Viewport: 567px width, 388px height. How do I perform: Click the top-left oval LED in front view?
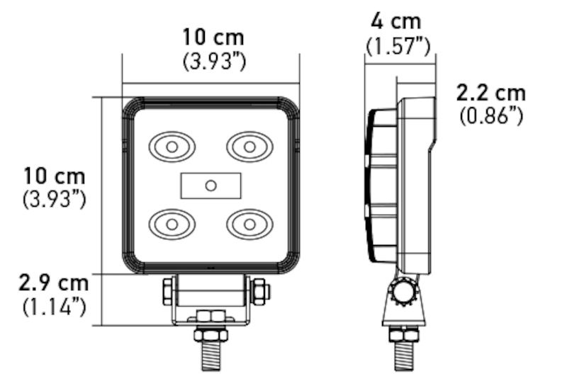(x=172, y=147)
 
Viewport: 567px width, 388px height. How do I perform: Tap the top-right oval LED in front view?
(x=249, y=147)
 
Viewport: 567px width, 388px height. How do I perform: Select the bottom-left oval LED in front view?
(x=172, y=224)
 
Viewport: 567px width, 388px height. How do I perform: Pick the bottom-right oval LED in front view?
(x=249, y=224)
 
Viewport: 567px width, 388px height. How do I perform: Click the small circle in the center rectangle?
(x=210, y=186)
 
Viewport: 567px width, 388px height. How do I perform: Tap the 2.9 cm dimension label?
(x=54, y=283)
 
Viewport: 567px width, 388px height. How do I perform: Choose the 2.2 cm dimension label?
(x=491, y=92)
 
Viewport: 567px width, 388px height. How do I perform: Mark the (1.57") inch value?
(x=398, y=46)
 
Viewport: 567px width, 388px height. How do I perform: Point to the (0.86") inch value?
(x=491, y=115)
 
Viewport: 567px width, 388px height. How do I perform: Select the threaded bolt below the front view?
(x=210, y=350)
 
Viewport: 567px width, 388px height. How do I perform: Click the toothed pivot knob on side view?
(x=405, y=292)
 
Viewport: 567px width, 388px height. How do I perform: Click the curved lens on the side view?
(x=371, y=186)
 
